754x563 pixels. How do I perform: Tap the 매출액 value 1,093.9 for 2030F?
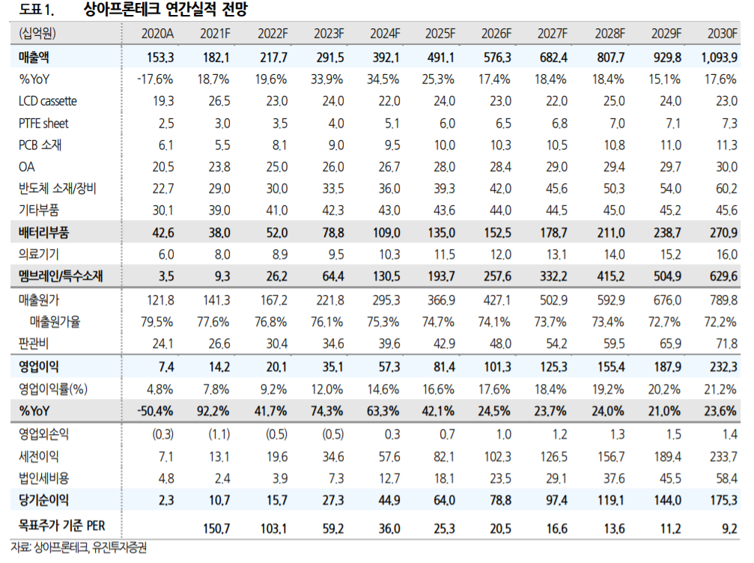pyautogui.click(x=720, y=57)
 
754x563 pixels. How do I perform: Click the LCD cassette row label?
pyautogui.click(x=47, y=101)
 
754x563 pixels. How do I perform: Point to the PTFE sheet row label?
pyautogui.click(x=43, y=124)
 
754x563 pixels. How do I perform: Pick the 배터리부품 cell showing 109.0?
pyautogui.click(x=385, y=233)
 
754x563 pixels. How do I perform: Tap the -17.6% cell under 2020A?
pyautogui.click(x=156, y=79)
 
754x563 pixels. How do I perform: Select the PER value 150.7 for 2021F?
pyautogui.click(x=216, y=529)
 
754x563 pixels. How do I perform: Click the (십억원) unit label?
pyautogui.click(x=38, y=34)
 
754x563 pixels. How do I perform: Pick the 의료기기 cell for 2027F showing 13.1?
pyautogui.click(x=556, y=255)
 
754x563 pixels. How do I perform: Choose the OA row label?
pyautogui.click(x=27, y=168)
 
